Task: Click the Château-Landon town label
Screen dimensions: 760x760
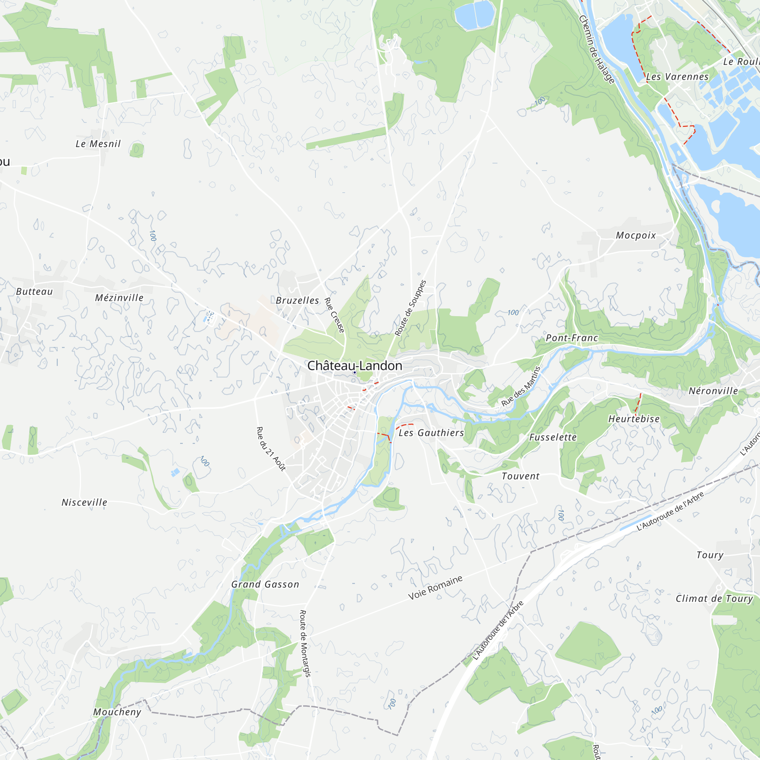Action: (x=355, y=366)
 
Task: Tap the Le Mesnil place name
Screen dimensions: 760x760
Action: (x=98, y=144)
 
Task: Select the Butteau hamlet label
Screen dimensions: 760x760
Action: (x=35, y=291)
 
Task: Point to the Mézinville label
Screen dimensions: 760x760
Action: (x=119, y=298)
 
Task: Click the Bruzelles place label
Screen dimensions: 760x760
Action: (x=298, y=301)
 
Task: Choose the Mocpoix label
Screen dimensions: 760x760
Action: (x=636, y=235)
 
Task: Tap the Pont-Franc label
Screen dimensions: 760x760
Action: (x=572, y=338)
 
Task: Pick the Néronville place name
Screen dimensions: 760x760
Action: (x=713, y=391)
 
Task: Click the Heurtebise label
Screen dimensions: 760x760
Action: (x=634, y=419)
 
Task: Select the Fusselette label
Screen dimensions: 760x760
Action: (x=553, y=437)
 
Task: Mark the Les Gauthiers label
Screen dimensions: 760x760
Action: (x=431, y=433)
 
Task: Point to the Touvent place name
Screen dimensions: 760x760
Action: (x=521, y=476)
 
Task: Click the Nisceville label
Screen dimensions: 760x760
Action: (x=84, y=502)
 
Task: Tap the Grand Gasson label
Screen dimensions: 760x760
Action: (x=265, y=584)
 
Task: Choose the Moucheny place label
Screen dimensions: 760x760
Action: (x=117, y=712)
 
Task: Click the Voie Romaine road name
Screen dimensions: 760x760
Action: (x=435, y=587)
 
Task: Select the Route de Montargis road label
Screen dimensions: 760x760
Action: (x=305, y=643)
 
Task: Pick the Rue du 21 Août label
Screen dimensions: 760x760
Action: (x=271, y=449)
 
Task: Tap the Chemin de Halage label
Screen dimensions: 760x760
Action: (x=596, y=49)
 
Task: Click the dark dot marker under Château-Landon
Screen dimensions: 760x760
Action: (x=355, y=372)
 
